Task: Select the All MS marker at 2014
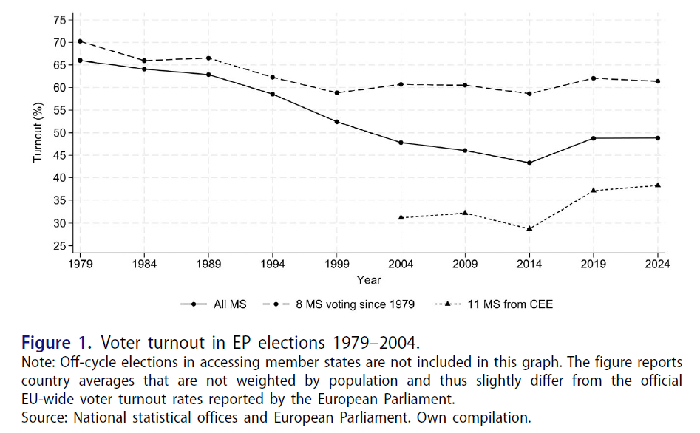(x=529, y=163)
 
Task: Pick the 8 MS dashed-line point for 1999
(x=337, y=92)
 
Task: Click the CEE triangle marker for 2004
(x=401, y=217)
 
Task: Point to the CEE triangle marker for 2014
(x=529, y=228)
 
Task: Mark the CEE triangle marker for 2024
(x=657, y=185)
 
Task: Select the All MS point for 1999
(x=337, y=122)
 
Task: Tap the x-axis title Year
(x=369, y=280)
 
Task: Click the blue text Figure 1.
(x=57, y=344)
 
